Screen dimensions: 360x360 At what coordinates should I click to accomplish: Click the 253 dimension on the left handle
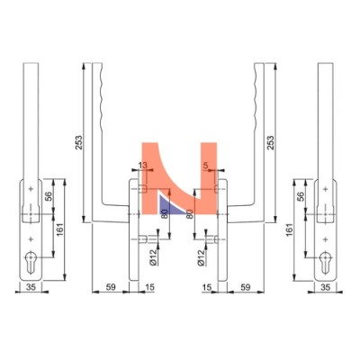78,143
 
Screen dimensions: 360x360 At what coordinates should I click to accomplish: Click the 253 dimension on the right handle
270,143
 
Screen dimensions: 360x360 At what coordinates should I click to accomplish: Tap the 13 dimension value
143,165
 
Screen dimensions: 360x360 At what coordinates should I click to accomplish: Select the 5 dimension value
205,165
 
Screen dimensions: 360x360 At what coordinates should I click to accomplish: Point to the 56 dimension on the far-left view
49,195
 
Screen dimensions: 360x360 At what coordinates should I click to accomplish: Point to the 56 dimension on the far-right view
301,195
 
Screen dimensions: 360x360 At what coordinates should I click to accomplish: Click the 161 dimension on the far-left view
60,229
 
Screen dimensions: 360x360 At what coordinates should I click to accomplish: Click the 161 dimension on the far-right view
289,229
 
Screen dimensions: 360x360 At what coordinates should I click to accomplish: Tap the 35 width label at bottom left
31,287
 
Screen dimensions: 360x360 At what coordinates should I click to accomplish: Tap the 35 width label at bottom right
326,287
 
